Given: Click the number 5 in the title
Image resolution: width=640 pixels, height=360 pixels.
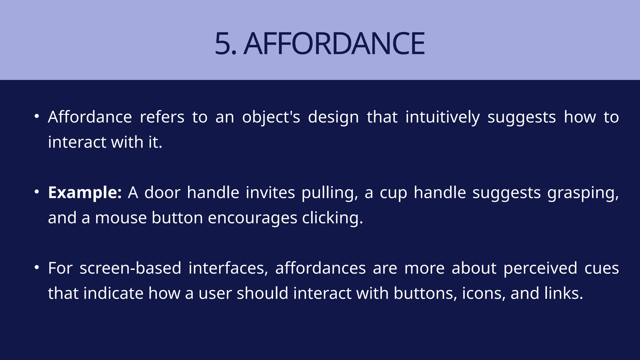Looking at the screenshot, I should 223,44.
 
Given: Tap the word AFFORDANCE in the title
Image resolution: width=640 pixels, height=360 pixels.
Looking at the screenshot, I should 334,44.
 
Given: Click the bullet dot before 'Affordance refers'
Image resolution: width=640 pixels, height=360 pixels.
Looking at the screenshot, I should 37,116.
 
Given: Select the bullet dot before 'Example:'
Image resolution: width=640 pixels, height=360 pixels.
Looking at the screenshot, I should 37,192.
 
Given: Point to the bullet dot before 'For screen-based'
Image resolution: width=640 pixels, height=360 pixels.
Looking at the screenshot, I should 37,267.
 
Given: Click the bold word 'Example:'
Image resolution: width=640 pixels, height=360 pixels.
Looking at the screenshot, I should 85,193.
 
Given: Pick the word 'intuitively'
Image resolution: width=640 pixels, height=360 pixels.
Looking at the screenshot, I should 442,117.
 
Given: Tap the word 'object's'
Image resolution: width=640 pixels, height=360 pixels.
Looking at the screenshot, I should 271,117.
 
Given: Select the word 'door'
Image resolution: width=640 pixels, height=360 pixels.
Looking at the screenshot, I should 162,192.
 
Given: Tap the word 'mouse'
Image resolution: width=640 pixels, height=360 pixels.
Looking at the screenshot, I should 121,218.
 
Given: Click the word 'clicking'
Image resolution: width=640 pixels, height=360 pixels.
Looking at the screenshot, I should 332,218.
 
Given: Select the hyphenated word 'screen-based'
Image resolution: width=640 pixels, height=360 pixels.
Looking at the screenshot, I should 130,268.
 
